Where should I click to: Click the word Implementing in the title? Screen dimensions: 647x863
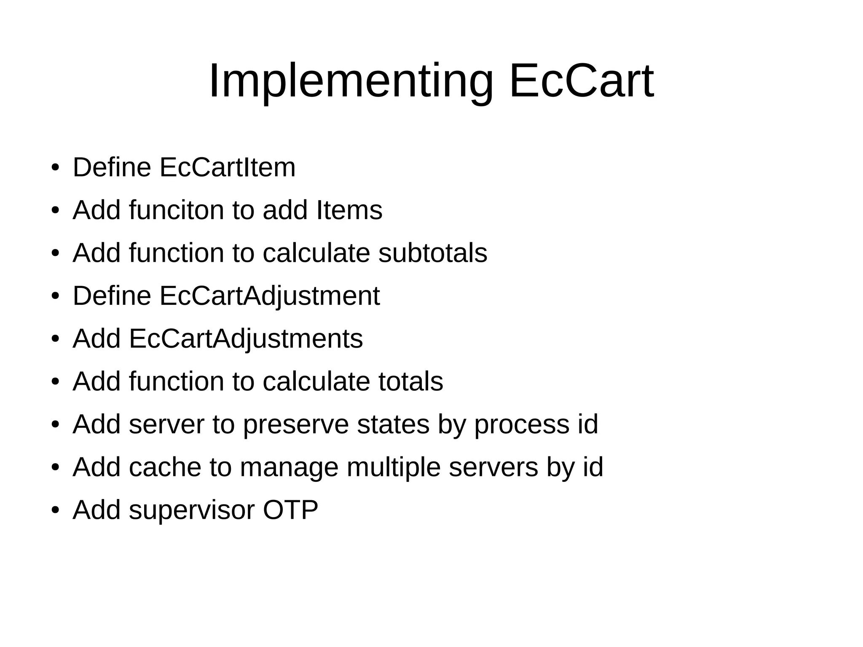351,81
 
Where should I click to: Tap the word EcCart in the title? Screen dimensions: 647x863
582,81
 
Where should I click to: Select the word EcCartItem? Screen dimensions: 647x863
227,167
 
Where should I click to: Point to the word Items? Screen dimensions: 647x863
349,210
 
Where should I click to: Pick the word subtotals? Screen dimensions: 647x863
433,253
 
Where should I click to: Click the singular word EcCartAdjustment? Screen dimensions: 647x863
269,296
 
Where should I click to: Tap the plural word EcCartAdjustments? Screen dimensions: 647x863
246,338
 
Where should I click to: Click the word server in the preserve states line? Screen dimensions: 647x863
166,424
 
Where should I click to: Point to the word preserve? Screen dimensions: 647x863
296,424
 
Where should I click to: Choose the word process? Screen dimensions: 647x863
522,424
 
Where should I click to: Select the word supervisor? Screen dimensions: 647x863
192,510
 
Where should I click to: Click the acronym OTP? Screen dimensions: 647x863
290,510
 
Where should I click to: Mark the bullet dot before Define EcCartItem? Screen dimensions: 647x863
55,169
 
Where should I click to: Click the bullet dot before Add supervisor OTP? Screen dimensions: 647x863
55,511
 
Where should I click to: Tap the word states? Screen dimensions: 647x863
393,424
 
